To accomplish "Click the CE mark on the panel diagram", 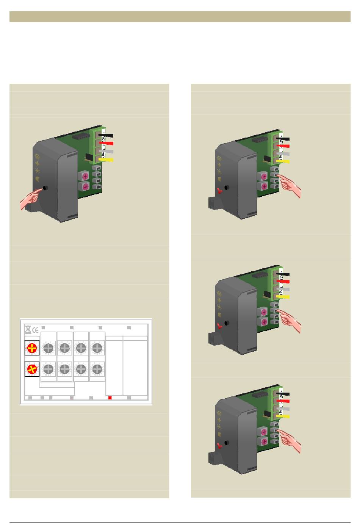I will click(35, 330).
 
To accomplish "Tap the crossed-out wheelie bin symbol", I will click(28, 330).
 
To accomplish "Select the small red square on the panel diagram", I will click(110, 398).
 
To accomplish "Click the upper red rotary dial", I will click(32, 348).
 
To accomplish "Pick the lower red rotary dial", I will click(32, 369).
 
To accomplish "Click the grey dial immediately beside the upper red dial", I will click(49, 348).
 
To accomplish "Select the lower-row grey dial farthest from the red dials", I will click(97, 369).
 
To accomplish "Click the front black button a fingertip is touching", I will click(45, 188).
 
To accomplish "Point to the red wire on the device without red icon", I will click(106, 144).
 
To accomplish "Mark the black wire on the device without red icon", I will click(106, 136).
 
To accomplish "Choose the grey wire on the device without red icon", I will click(106, 152).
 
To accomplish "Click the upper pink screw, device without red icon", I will click(85, 176).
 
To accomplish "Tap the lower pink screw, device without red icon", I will click(85, 186).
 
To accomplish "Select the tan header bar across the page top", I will click(180, 17).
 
